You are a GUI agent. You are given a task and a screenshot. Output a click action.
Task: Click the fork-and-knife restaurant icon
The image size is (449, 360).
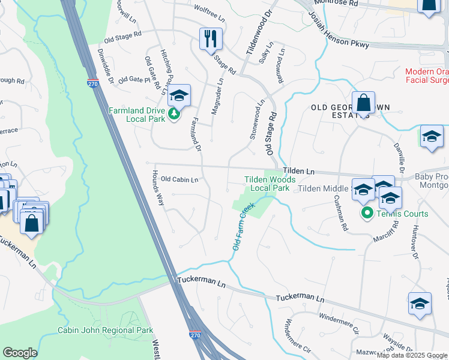tap(211, 39)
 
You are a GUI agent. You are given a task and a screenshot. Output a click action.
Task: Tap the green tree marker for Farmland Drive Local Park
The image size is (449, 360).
tap(174, 112)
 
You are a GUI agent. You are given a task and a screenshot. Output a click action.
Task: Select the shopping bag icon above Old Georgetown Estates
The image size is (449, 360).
tap(363, 103)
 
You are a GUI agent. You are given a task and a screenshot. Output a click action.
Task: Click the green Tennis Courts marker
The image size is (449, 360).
tap(366, 213)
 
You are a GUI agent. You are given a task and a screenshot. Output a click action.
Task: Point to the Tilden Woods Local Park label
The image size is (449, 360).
tap(270, 184)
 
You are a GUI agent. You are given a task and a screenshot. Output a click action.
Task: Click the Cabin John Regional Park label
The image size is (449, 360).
tap(105, 330)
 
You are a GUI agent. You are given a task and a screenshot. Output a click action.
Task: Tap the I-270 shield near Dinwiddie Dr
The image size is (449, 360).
tap(92, 84)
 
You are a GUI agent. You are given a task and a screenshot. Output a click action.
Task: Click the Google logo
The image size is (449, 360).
tap(20, 353)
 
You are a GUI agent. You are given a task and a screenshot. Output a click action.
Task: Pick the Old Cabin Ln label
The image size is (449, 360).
tap(179, 179)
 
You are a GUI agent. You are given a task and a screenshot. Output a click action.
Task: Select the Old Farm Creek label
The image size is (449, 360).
tap(244, 227)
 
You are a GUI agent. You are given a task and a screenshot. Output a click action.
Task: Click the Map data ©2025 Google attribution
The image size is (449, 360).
tap(412, 355)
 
